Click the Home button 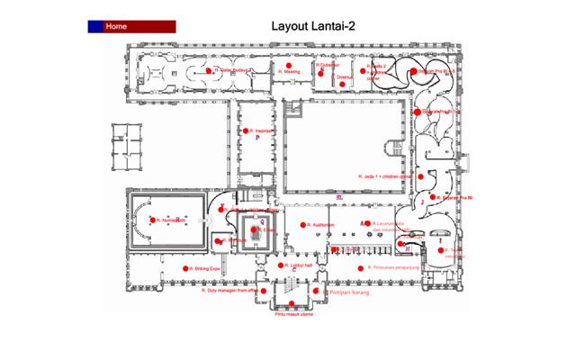point(139,26)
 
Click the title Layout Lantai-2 point(312,26)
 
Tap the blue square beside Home point(95,26)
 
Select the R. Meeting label point(292,70)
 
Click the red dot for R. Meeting point(278,70)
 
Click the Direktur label point(345,77)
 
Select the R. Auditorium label point(321,225)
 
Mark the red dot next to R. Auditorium point(302,225)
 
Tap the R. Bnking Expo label point(207,268)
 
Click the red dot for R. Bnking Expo point(186,268)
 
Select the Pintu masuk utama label point(292,314)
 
